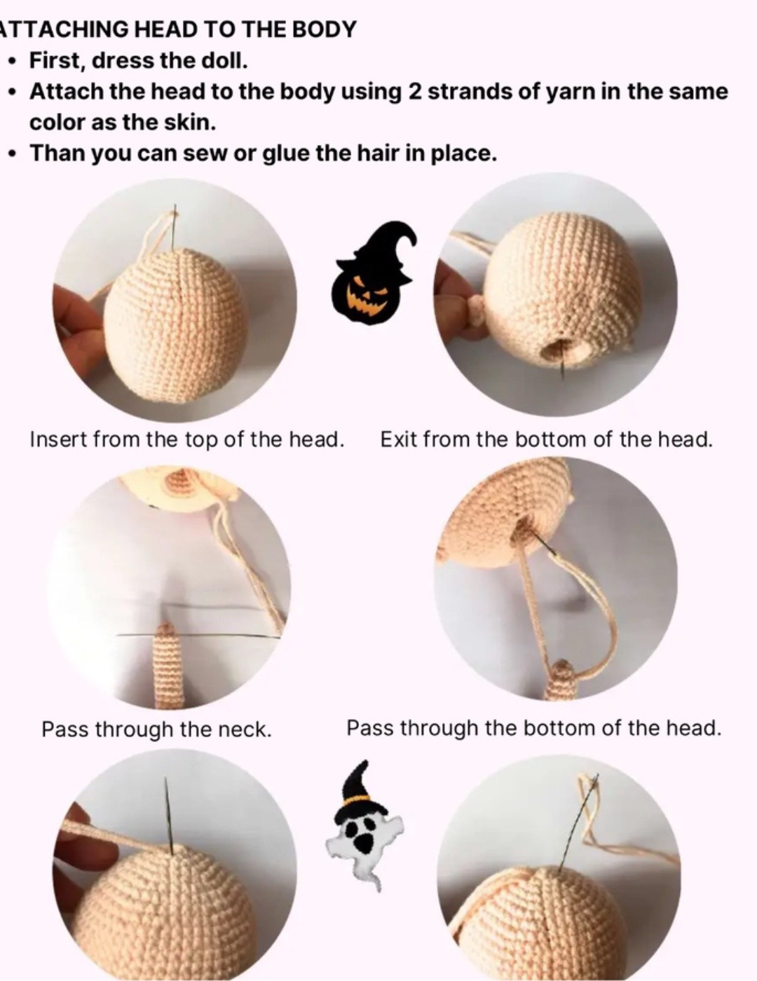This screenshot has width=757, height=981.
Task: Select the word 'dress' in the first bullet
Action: pyautogui.click(x=123, y=61)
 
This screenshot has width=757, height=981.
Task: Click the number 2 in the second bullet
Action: pyautogui.click(x=414, y=92)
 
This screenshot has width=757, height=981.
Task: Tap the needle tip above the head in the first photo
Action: pyautogui.click(x=175, y=210)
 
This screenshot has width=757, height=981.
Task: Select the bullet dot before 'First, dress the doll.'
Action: pyautogui.click(x=13, y=62)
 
